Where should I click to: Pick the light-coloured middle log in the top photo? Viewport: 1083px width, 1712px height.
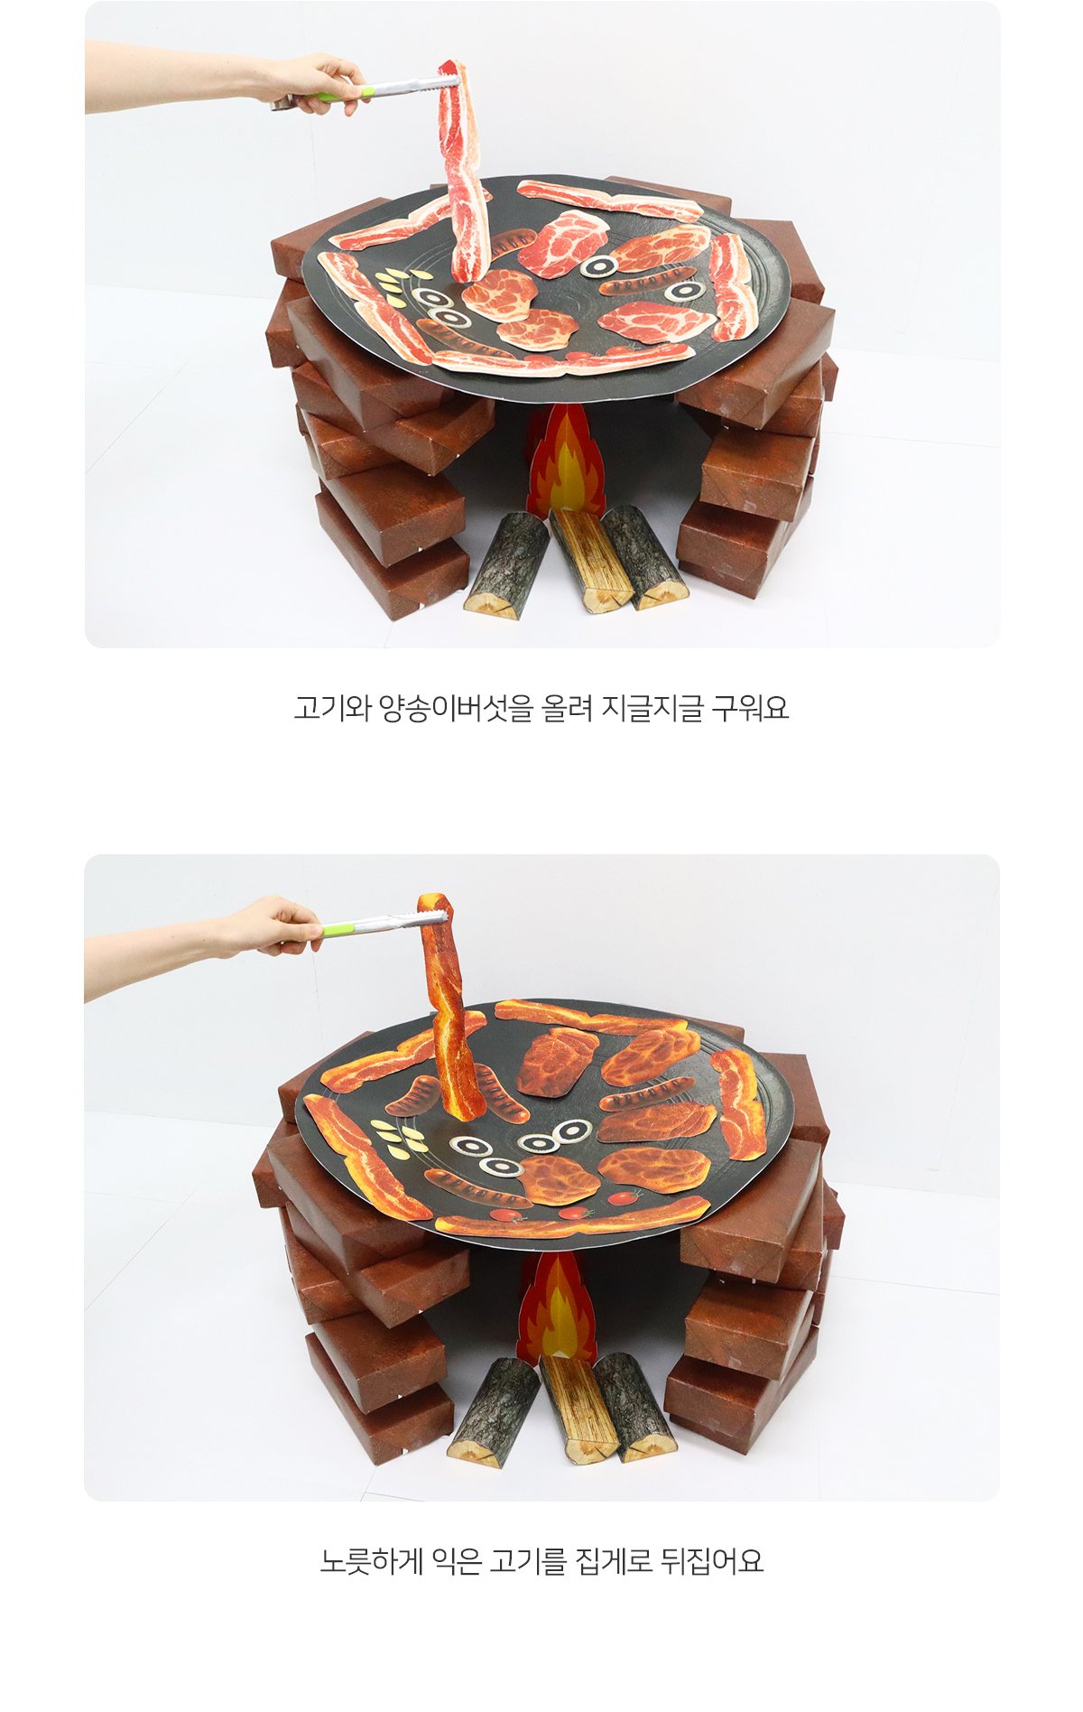point(591,560)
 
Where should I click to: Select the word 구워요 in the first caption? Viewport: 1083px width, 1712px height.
point(750,709)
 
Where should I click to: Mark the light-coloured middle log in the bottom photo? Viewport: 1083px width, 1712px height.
point(579,1409)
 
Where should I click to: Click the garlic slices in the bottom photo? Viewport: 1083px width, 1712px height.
point(398,1134)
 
